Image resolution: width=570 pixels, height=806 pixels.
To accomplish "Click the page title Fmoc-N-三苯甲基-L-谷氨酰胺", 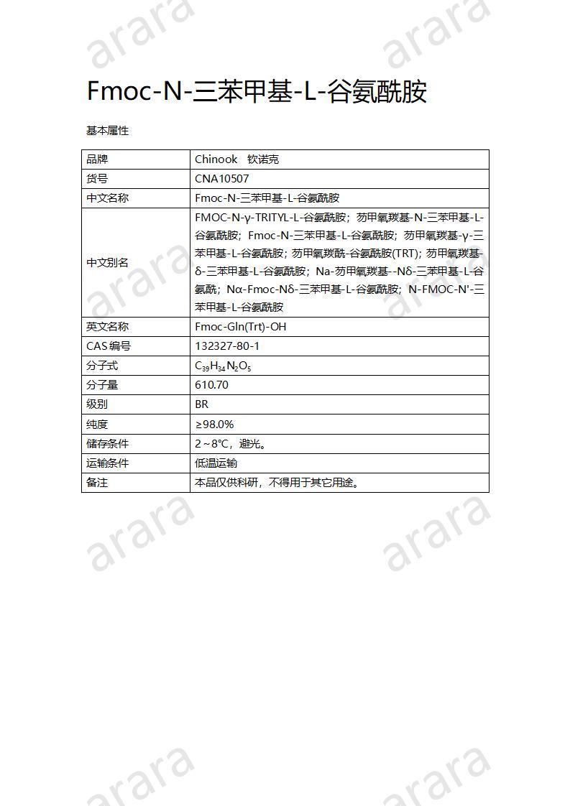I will [257, 92].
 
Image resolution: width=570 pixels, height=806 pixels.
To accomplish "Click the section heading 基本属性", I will [107, 131].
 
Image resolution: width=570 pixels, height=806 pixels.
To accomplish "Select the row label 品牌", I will [97, 159].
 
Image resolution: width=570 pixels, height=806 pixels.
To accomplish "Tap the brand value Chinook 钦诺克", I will [236, 159].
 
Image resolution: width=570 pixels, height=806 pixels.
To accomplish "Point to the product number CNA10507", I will [222, 179].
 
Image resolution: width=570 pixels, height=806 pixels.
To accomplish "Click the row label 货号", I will [97, 179].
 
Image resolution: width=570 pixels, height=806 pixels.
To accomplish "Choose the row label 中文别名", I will [108, 262].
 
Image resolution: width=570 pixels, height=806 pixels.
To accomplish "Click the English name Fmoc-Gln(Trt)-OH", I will [240, 327].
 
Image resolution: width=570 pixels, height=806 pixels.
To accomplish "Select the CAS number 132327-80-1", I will [227, 346].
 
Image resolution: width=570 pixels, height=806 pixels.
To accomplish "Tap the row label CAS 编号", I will [109, 346].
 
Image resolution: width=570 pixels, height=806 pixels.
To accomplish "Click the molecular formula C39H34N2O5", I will [223, 366].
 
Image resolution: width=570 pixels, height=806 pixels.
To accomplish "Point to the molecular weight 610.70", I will [211, 385].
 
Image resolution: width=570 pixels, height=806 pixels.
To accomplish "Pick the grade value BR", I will [201, 404].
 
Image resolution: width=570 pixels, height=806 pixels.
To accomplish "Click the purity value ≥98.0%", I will [214, 425].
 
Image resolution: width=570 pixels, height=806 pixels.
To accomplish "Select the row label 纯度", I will [97, 425].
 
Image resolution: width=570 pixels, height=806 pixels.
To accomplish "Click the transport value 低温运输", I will [216, 463].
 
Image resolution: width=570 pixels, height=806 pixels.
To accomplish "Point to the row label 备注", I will [97, 483].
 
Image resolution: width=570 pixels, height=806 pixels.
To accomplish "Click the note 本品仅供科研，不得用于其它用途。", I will [277, 483].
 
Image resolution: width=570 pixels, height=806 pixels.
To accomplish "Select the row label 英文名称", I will [108, 327].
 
